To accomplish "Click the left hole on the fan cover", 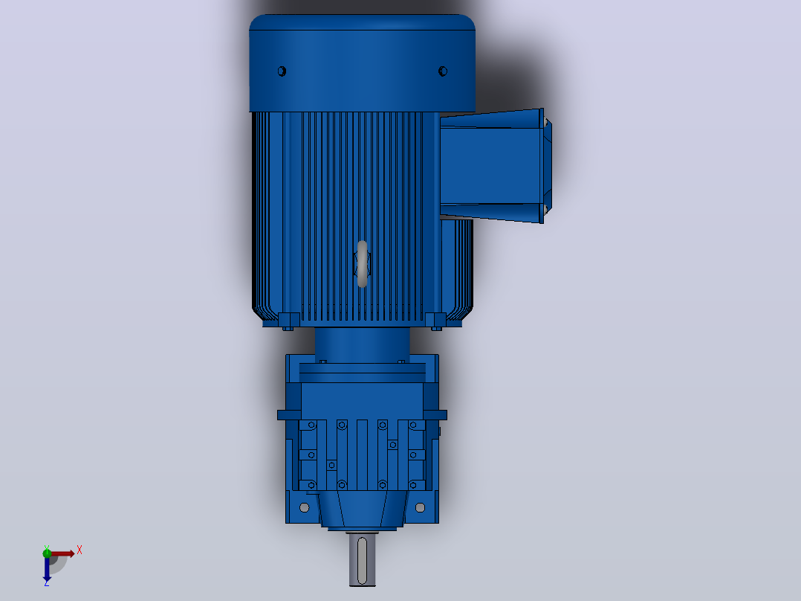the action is (x=282, y=71).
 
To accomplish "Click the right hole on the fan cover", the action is (x=443, y=71).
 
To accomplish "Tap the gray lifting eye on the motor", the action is (x=362, y=263).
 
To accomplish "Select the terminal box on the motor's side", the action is (x=496, y=166).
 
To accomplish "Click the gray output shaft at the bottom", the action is (x=363, y=559).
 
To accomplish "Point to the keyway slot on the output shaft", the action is (x=363, y=560).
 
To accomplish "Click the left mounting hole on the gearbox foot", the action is (x=305, y=507).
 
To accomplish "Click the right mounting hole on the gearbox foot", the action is (x=420, y=507).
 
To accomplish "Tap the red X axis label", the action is (x=80, y=550).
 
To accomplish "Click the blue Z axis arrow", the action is (x=47, y=569).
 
